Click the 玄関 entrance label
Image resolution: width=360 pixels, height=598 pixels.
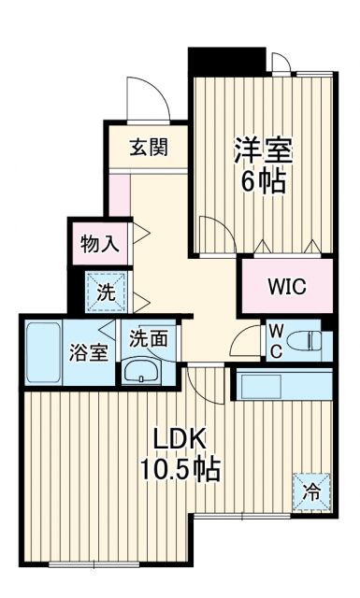point(148,147)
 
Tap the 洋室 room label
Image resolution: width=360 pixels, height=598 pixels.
point(264,150)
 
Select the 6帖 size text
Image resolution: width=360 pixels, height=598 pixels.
point(264,181)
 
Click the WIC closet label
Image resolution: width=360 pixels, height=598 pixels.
point(286,287)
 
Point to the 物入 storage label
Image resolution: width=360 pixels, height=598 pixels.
point(100,245)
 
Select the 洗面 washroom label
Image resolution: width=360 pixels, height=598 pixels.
point(149,337)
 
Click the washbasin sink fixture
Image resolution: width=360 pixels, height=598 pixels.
point(142,370)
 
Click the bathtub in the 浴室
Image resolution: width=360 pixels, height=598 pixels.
point(42,352)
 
